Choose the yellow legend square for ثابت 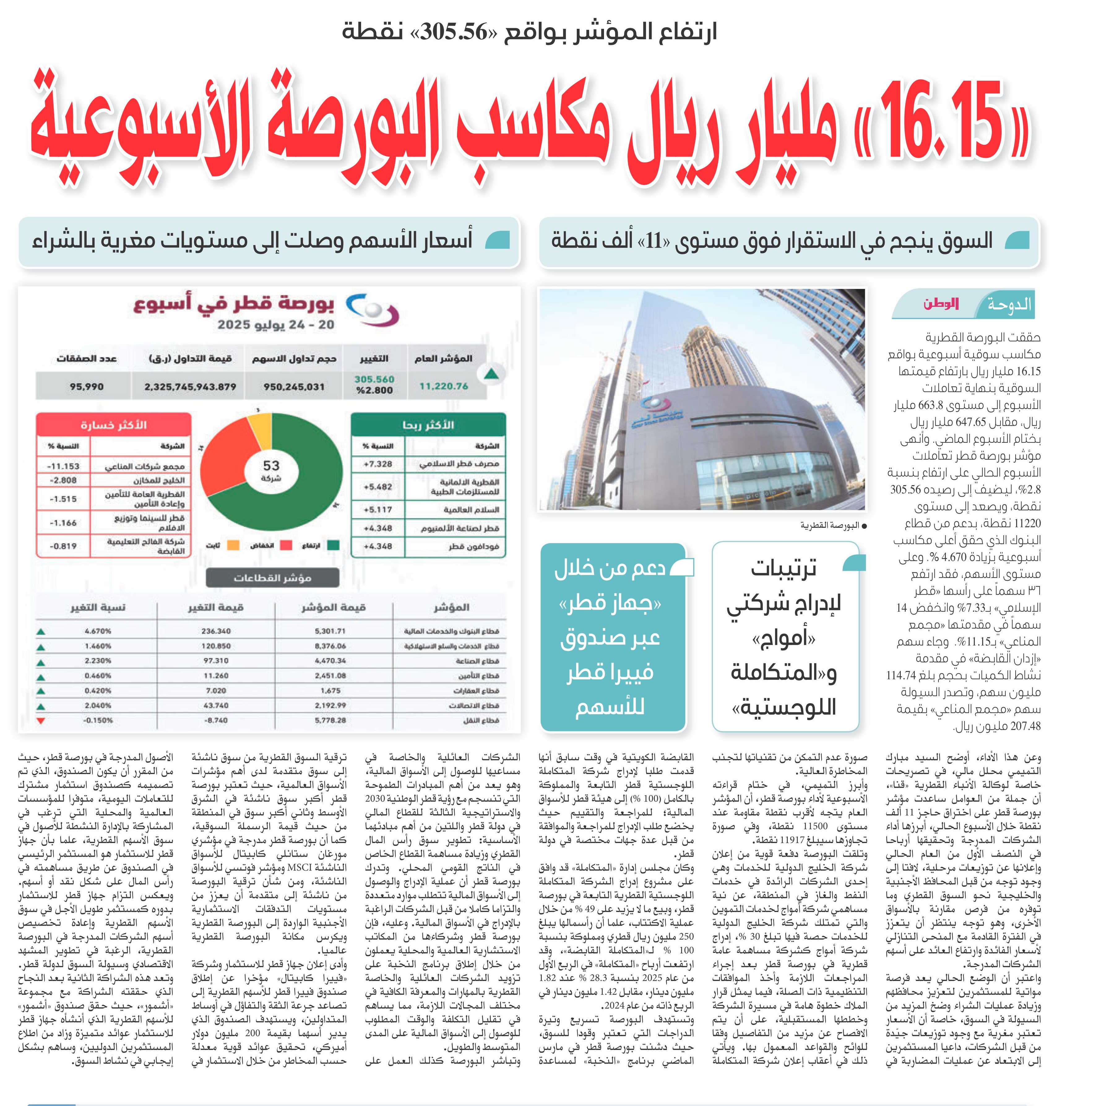coord(233,545)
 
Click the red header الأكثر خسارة coord(113,425)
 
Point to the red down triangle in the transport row coord(41,720)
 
